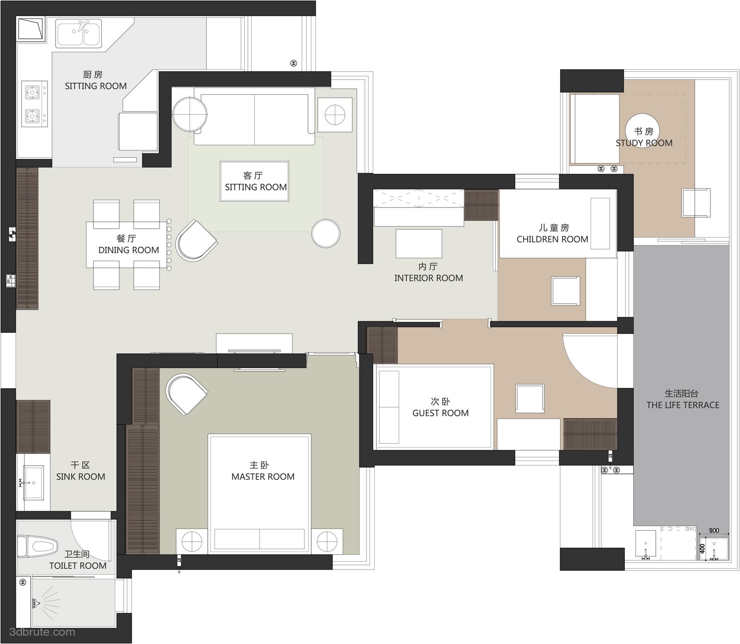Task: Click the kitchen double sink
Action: (x=79, y=33)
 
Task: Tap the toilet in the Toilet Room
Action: (x=37, y=546)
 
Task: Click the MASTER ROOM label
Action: (x=263, y=477)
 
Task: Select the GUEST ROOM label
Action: (x=440, y=413)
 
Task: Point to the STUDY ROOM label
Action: (x=644, y=143)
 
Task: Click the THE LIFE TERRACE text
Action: (x=683, y=405)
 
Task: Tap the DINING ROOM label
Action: (x=129, y=250)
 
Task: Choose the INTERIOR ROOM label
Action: (x=428, y=278)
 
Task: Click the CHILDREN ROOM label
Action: (x=552, y=239)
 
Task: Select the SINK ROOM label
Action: (x=80, y=477)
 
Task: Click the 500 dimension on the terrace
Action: (x=714, y=530)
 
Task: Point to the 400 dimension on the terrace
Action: (x=703, y=549)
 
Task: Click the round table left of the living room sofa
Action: (x=190, y=114)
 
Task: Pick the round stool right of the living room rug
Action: (x=326, y=233)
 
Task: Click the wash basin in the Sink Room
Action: (x=33, y=483)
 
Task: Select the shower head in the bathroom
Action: (x=36, y=603)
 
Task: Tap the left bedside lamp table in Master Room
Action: (x=191, y=541)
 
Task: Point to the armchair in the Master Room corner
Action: (x=186, y=394)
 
